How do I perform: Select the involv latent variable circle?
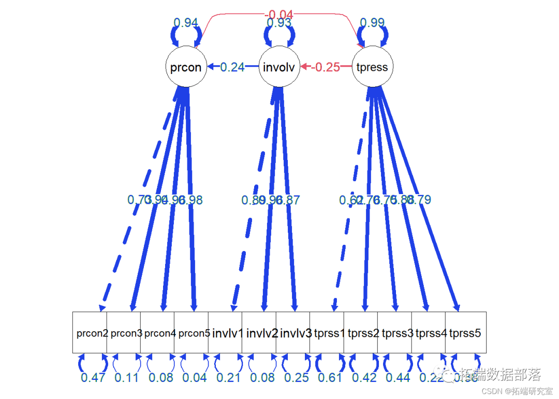pyautogui.click(x=279, y=67)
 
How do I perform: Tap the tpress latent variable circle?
pyautogui.click(x=372, y=67)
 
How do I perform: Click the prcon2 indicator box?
pyautogui.click(x=90, y=333)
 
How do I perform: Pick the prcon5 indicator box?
pyautogui.click(x=192, y=333)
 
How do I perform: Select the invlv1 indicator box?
pyautogui.click(x=225, y=333)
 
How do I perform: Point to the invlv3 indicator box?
pyautogui.click(x=293, y=333)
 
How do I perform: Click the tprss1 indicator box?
pyautogui.click(x=327, y=333)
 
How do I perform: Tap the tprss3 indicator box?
pyautogui.click(x=395, y=333)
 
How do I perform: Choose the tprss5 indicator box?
pyautogui.click(x=465, y=333)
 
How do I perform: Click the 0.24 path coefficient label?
pyautogui.click(x=232, y=67)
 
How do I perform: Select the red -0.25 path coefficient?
pyautogui.click(x=326, y=67)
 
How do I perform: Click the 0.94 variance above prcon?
pyautogui.click(x=186, y=23)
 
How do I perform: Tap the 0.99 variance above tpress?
pyautogui.click(x=372, y=23)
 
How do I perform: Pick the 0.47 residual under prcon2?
pyautogui.click(x=93, y=377)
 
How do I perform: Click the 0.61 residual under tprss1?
pyautogui.click(x=330, y=377)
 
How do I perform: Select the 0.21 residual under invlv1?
pyautogui.click(x=229, y=377)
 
